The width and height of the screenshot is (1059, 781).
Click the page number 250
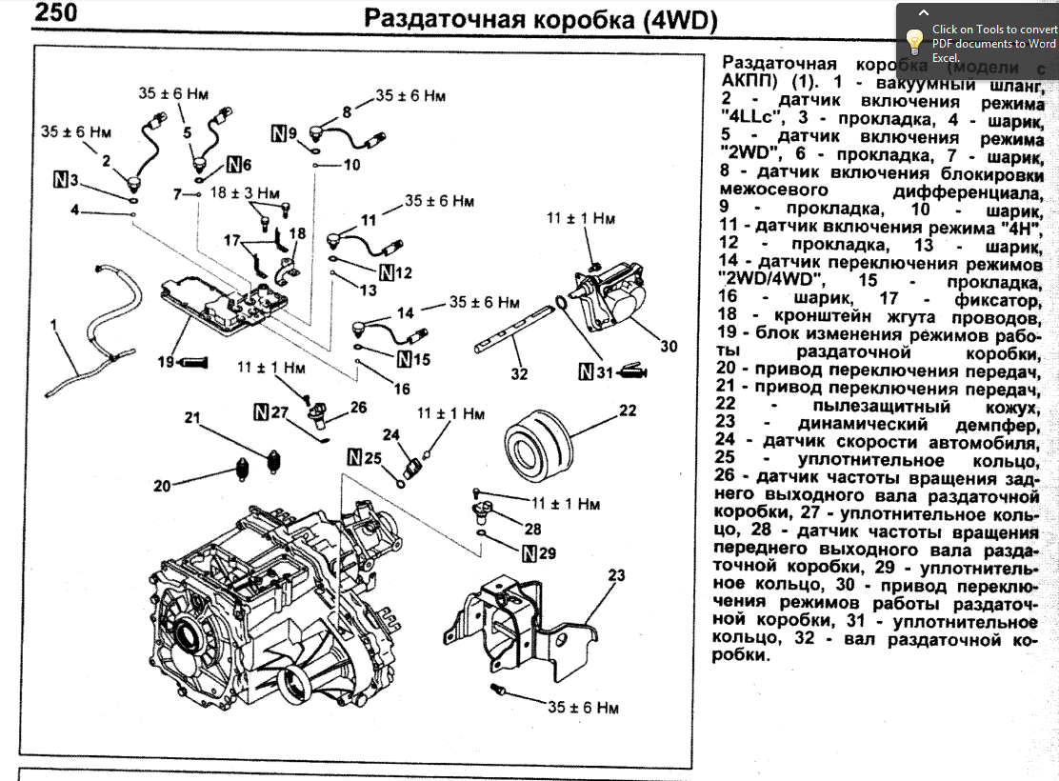pyautogui.click(x=54, y=13)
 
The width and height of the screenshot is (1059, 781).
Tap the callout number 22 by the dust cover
pyautogui.click(x=627, y=411)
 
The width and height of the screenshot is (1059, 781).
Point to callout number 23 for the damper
pyautogui.click(x=617, y=575)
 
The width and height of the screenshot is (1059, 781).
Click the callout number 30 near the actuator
pyautogui.click(x=669, y=347)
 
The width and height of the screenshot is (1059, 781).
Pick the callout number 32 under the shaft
pyautogui.click(x=518, y=373)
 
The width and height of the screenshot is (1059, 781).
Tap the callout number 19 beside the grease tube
pyautogui.click(x=167, y=362)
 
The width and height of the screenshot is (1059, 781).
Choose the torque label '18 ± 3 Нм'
pyautogui.click(x=246, y=192)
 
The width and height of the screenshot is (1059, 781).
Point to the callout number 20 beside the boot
pyautogui.click(x=163, y=486)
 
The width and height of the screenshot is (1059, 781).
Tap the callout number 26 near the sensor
pyautogui.click(x=358, y=407)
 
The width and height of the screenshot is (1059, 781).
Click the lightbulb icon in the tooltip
pyautogui.click(x=915, y=41)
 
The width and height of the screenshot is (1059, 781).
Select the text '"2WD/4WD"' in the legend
pyautogui.click(x=771, y=280)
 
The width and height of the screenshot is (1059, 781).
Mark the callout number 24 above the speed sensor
pyautogui.click(x=390, y=434)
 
